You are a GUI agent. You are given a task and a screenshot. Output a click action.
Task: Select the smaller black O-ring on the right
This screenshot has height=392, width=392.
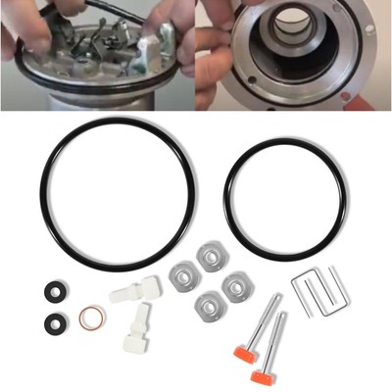pyautogui.click(x=227, y=186)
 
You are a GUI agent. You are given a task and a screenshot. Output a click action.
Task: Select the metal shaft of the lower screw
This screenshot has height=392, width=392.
pyautogui.click(x=277, y=338)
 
